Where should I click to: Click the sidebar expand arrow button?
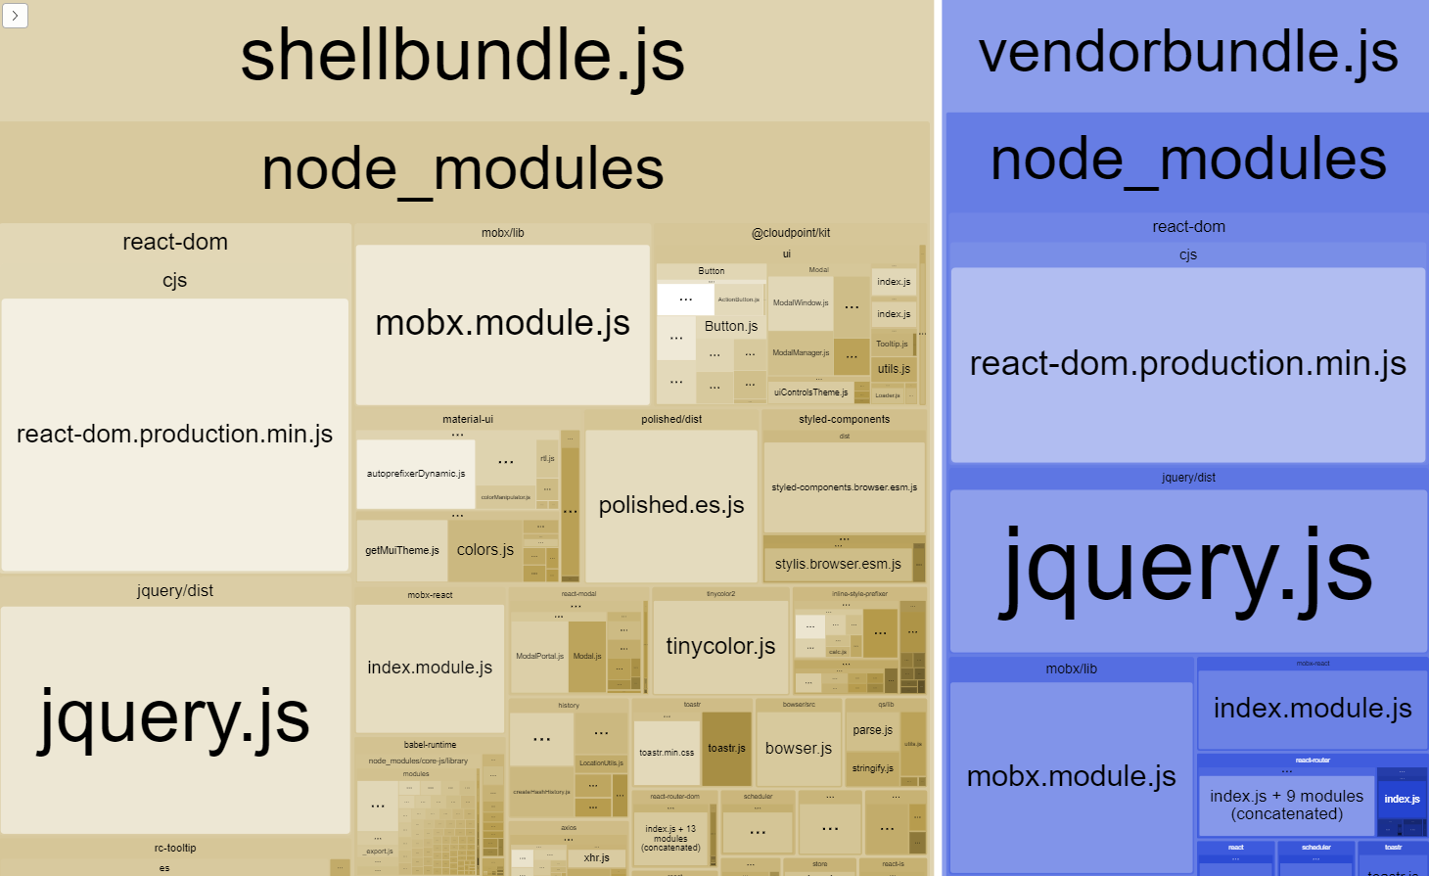pyautogui.click(x=15, y=15)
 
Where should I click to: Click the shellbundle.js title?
pyautogui.click(x=462, y=56)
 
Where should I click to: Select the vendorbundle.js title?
pyautogui.click(x=1188, y=53)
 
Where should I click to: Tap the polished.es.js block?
pyautogui.click(x=671, y=505)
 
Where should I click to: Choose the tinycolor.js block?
pyautogui.click(x=720, y=646)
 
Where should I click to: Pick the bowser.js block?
pyautogui.click(x=799, y=749)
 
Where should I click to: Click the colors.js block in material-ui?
pyautogui.click(x=485, y=550)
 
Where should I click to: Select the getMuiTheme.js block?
pyautogui.click(x=402, y=550)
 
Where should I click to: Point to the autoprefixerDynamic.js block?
pyautogui.click(x=416, y=474)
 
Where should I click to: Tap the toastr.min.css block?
pyautogui.click(x=667, y=753)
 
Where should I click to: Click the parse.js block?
pyautogui.click(x=872, y=730)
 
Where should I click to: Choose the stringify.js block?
pyautogui.click(x=872, y=768)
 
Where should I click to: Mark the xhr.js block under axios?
pyautogui.click(x=596, y=858)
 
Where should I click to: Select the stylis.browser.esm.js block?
pyautogui.click(x=838, y=564)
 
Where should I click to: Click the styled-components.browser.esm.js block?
pyautogui.click(x=844, y=487)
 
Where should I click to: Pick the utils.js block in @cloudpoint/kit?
pyautogui.click(x=894, y=369)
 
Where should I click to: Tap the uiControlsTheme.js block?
pyautogui.click(x=810, y=392)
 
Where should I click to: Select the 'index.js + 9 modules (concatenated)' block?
pyautogui.click(x=1286, y=805)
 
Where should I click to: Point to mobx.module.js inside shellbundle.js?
pyautogui.click(x=502, y=324)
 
